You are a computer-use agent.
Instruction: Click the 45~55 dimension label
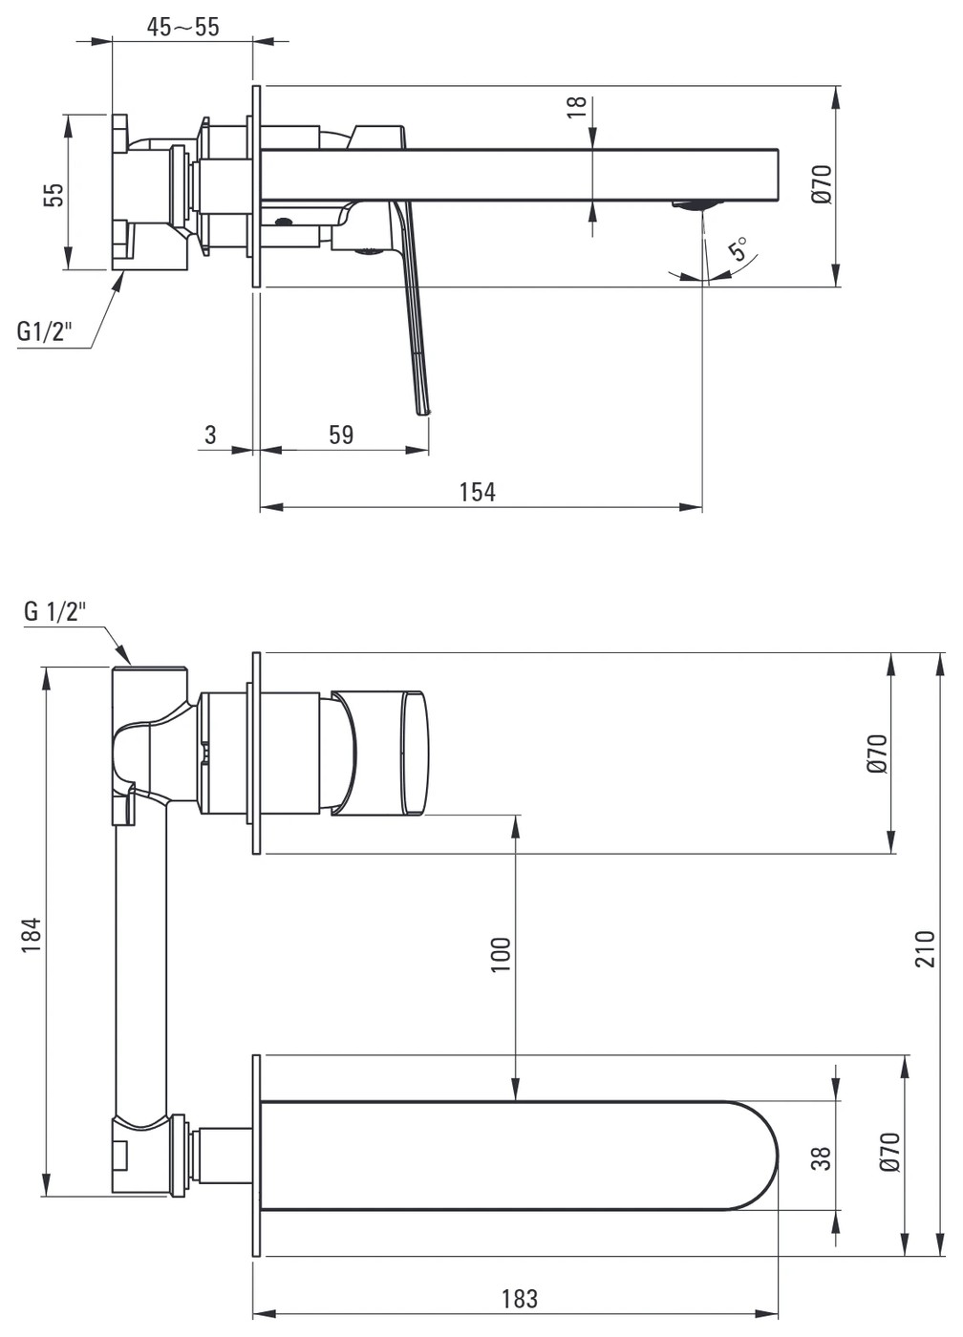(182, 27)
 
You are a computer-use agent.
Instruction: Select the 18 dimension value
(577, 107)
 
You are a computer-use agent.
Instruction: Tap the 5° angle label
(739, 248)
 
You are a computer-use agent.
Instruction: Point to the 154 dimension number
(477, 492)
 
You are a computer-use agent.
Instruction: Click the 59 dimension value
(341, 435)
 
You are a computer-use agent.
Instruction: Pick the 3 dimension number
(210, 435)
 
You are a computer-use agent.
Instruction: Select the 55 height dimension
(53, 194)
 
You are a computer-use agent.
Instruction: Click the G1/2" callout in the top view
(44, 330)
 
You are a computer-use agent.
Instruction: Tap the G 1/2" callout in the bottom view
(54, 612)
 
